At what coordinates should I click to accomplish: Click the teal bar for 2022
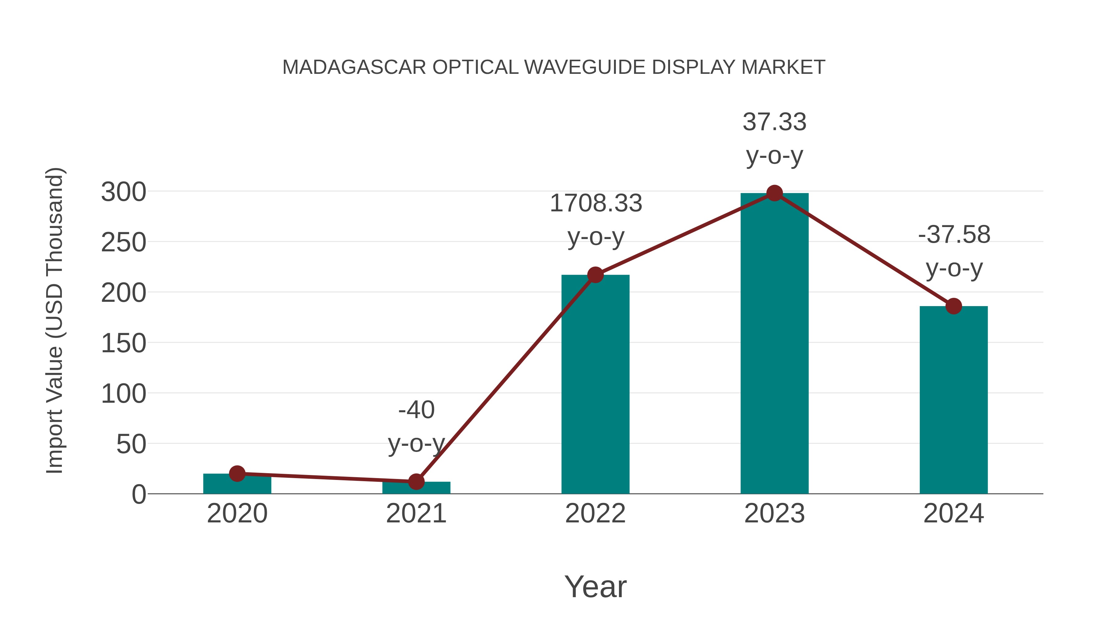click(x=595, y=387)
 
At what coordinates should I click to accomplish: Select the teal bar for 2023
click(x=774, y=344)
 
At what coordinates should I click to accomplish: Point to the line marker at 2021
click(x=416, y=481)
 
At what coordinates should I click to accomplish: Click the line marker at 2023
click(x=774, y=194)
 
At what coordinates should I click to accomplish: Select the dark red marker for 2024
click(x=953, y=306)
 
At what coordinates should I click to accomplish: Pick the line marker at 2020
click(x=237, y=473)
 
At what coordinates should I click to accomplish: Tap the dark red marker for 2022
click(x=595, y=275)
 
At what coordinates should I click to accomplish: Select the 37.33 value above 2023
click(x=774, y=122)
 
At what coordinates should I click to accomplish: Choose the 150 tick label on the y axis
click(x=123, y=344)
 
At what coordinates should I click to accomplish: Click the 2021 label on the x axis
click(x=416, y=513)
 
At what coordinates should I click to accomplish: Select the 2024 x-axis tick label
click(x=953, y=513)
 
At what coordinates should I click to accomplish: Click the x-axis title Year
click(x=595, y=586)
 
